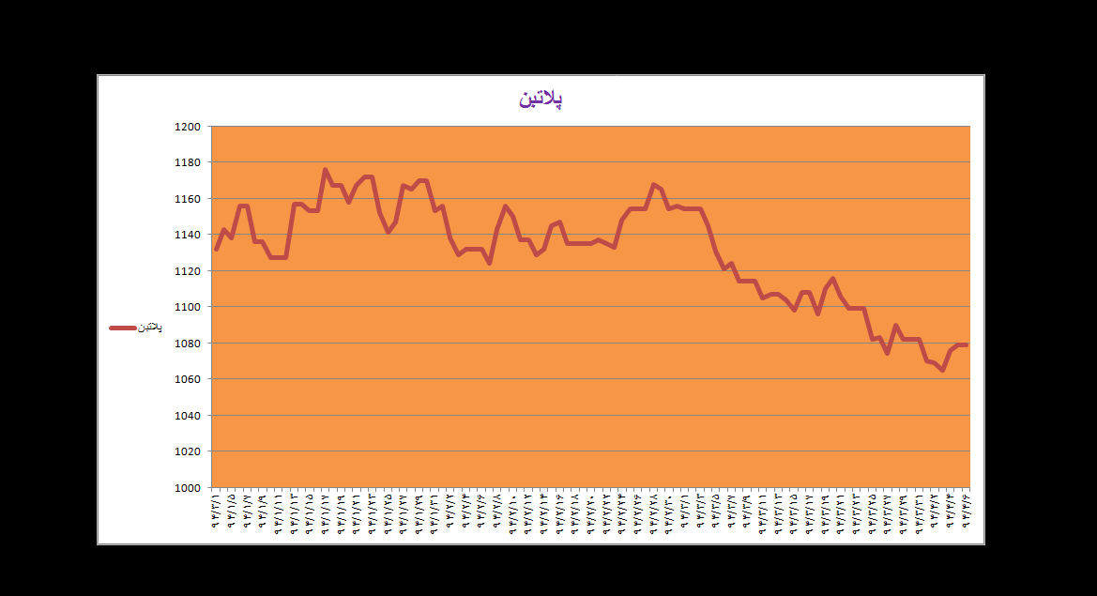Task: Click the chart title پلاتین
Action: pyautogui.click(x=541, y=99)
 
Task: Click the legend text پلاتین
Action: pyautogui.click(x=151, y=328)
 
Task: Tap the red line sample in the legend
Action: pyautogui.click(x=123, y=328)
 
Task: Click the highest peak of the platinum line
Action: pyautogui.click(x=325, y=170)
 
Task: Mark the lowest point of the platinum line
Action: pyautogui.click(x=942, y=370)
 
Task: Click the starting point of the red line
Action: pyautogui.click(x=216, y=250)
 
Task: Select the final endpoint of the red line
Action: pyautogui.click(x=966, y=345)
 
